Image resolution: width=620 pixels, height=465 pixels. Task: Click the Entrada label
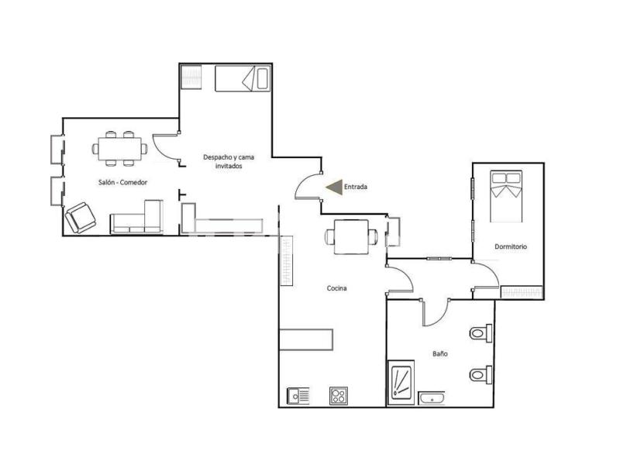(356, 187)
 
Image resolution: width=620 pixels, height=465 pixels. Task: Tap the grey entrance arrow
(335, 187)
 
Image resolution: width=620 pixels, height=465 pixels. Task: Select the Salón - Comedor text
(122, 182)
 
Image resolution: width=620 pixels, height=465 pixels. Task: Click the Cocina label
(337, 288)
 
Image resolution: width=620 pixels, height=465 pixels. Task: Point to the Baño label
(440, 353)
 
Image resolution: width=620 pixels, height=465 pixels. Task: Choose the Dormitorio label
(511, 246)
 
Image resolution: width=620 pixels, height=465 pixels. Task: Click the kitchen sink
(298, 396)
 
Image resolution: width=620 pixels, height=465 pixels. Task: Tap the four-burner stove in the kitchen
(339, 396)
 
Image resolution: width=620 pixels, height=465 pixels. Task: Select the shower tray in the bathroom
(401, 382)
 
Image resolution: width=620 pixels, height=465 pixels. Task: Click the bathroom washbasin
(432, 398)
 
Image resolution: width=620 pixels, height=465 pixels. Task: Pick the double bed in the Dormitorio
(506, 196)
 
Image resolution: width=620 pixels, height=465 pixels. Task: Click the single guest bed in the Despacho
(243, 79)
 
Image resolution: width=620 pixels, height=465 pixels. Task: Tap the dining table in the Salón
(120, 149)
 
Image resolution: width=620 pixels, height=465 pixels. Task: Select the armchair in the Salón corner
(81, 218)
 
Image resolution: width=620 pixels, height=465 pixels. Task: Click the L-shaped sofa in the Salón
(137, 218)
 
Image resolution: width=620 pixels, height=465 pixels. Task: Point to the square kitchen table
(351, 237)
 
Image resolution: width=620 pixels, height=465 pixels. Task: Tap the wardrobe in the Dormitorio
(522, 292)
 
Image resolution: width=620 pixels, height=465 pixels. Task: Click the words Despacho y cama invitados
(229, 161)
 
